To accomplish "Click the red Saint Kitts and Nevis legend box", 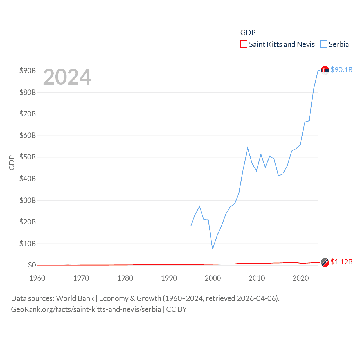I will click(x=244, y=44).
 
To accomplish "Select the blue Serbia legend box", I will click(x=324, y=44).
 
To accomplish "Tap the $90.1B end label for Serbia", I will click(x=341, y=70).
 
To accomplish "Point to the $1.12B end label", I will click(x=341, y=262).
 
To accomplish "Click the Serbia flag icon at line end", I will click(x=325, y=70).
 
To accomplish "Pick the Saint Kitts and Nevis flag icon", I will click(x=325, y=262).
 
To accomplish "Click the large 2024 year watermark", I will click(x=67, y=77).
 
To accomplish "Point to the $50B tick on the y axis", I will click(x=28, y=157).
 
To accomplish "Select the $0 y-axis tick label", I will click(x=32, y=265).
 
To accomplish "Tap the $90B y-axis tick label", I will click(x=28, y=71).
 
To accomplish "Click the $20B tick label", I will click(x=28, y=222).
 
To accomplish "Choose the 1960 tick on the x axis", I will click(x=37, y=278).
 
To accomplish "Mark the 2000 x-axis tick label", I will click(x=213, y=278).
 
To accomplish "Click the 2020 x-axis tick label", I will click(x=301, y=278).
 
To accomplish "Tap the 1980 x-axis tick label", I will click(x=125, y=278).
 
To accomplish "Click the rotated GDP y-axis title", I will click(x=12, y=163).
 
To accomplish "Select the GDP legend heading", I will click(x=248, y=33).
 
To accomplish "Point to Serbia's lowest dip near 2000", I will click(x=213, y=249).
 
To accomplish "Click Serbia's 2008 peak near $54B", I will click(x=248, y=148).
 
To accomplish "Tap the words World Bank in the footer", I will click(x=75, y=298).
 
